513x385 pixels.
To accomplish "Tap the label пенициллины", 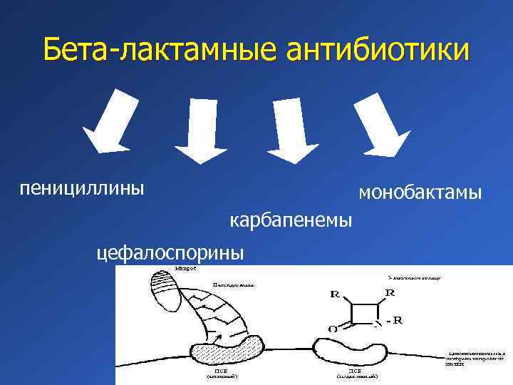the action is (x=82, y=188).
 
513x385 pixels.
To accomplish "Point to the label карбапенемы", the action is (x=291, y=221).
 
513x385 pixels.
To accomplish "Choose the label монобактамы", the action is (x=420, y=192).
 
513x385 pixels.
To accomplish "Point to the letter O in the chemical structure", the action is (x=333, y=329).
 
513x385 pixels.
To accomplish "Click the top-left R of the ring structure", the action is (x=335, y=294).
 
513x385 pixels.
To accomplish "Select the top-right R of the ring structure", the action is (x=390, y=293).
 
